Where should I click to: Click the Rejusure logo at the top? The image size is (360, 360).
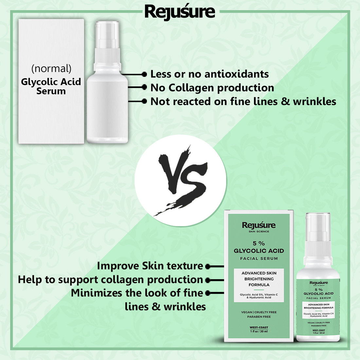180,12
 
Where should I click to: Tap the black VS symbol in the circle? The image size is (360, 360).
181,180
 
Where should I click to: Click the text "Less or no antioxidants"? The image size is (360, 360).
209,74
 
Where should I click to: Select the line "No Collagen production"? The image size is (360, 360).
212,88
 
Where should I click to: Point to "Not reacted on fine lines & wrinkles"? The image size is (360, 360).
243,101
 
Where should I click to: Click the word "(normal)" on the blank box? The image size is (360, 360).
51,68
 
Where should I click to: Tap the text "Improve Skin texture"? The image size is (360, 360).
150,266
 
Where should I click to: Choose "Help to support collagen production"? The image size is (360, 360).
110,279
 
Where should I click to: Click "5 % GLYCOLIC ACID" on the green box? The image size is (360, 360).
259,247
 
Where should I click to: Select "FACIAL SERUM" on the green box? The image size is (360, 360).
259,259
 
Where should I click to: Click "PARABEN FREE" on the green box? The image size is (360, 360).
259,317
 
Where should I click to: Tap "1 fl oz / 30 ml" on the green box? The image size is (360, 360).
259,332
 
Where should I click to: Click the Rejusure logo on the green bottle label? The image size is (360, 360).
318,283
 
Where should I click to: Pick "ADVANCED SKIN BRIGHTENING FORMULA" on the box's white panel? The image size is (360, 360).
259,279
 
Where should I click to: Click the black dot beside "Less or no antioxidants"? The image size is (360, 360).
144,75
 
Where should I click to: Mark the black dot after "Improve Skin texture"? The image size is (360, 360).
207,267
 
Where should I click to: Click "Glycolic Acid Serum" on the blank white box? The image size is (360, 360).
51,86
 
